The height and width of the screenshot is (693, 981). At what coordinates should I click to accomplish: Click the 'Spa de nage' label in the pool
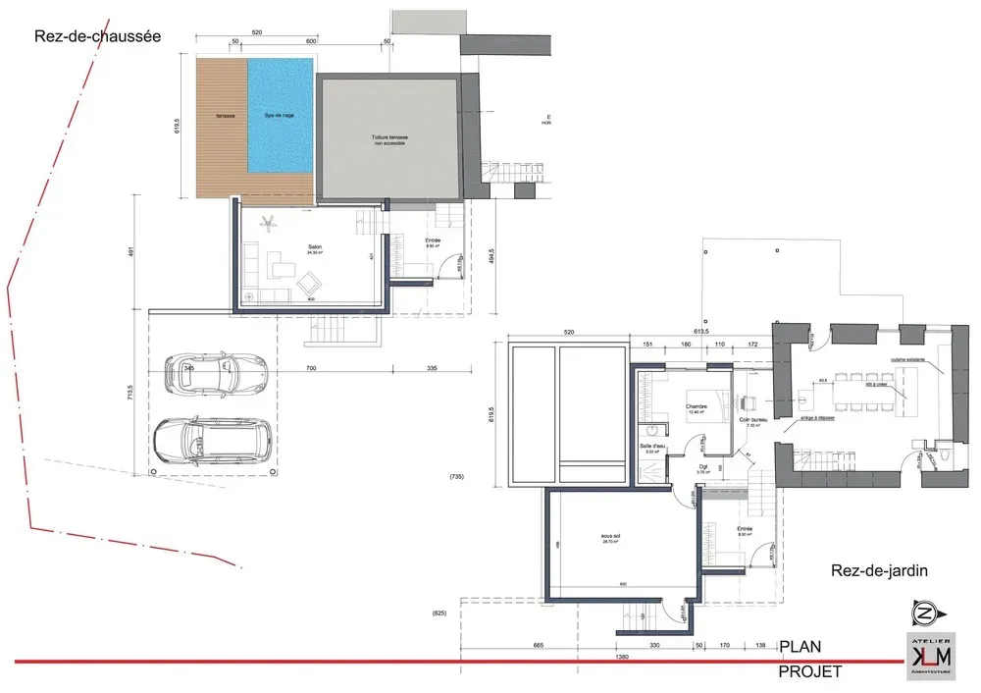coord(280,116)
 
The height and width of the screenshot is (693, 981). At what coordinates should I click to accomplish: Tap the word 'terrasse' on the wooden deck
coord(213,116)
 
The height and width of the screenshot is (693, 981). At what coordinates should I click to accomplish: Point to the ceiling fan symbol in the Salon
coord(265,226)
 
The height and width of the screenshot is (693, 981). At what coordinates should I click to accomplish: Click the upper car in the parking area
coord(216,372)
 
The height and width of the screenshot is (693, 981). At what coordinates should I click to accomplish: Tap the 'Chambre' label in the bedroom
coord(697,405)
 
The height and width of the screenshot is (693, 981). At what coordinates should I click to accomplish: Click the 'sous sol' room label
coord(612,537)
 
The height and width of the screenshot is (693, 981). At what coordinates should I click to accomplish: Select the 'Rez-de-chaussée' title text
coord(96,36)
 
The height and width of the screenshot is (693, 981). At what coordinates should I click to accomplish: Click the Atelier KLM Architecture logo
coord(927,655)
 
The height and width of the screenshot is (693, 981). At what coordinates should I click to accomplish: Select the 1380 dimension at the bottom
coord(621,657)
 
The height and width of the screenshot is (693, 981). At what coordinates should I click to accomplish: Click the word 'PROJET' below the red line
coord(809,672)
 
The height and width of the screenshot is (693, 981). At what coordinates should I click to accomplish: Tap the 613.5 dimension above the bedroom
coord(700,333)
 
